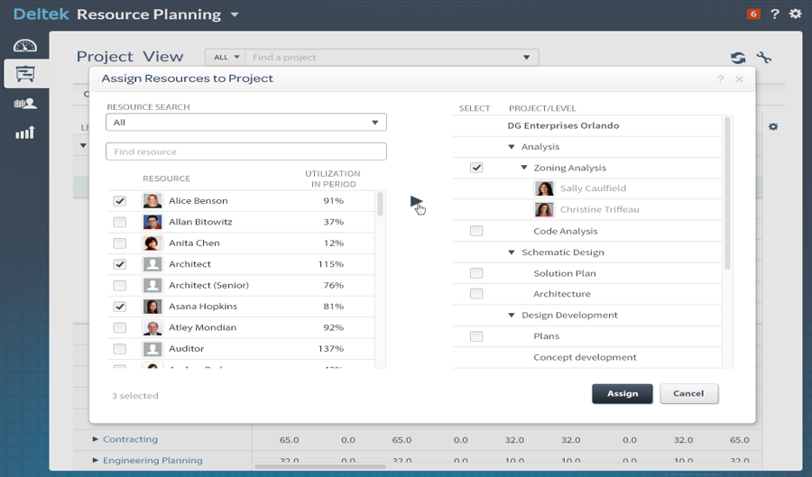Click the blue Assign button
click(622, 393)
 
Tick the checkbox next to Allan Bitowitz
click(120, 222)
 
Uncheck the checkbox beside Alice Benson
click(120, 201)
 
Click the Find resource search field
click(245, 151)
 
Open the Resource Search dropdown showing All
click(245, 123)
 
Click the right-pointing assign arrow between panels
click(416, 201)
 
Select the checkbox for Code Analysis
click(476, 232)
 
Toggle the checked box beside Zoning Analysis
click(476, 168)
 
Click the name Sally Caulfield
click(593, 188)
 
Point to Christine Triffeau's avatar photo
click(544, 209)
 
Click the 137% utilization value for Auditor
click(333, 349)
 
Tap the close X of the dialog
click(740, 79)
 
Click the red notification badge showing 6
click(753, 14)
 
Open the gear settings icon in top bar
click(795, 14)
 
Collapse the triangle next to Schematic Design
click(512, 252)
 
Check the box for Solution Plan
click(476, 273)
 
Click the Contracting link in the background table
click(130, 439)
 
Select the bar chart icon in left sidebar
click(25, 133)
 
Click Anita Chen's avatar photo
click(152, 243)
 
